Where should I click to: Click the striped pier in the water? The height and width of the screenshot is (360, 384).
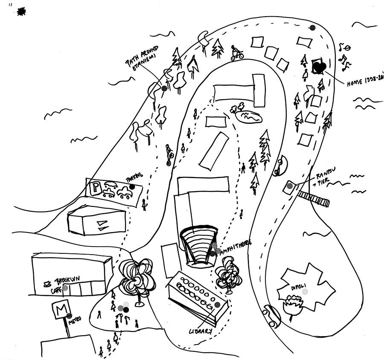(314, 198)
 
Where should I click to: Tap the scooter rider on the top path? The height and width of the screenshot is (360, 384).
(236, 52)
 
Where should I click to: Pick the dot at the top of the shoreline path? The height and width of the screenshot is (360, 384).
(312, 28)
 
